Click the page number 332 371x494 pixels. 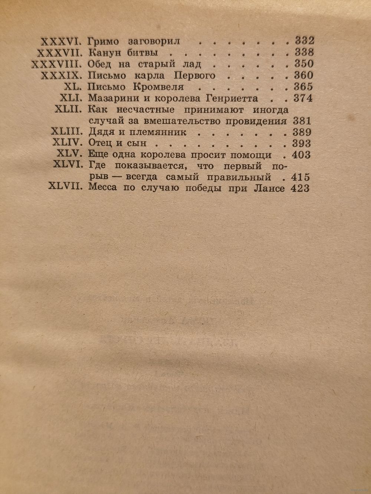point(303,40)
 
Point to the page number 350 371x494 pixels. point(303,64)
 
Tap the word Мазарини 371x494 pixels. point(110,99)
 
